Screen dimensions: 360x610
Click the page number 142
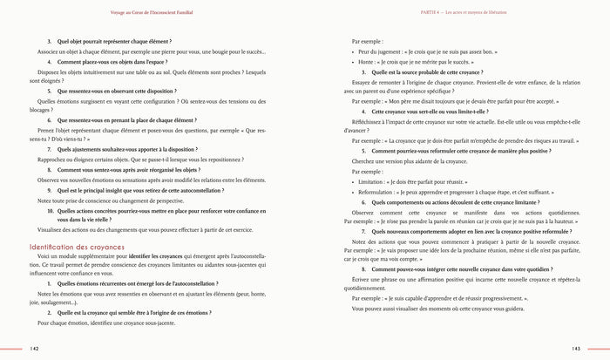pos(34,348)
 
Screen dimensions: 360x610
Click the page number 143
pos(576,348)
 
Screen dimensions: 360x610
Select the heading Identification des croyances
pos(79,248)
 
